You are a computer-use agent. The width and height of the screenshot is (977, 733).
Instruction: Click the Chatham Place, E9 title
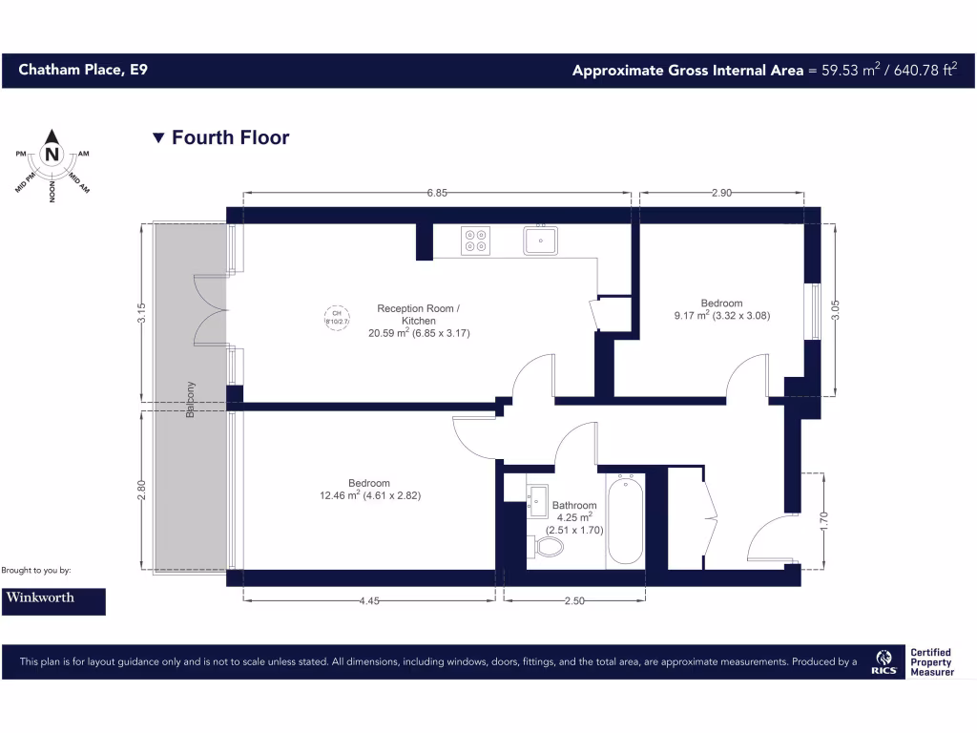pos(82,70)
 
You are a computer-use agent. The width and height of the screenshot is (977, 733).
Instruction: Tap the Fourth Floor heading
pos(230,137)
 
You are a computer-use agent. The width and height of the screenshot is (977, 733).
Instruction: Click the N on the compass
pos(52,154)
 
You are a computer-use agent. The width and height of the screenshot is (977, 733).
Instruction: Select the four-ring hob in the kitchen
pos(475,241)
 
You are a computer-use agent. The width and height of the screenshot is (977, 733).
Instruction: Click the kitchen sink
pos(540,240)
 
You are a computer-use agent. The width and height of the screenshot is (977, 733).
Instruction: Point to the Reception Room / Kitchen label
pos(418,314)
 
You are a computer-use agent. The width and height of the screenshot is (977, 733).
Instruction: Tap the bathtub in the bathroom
pos(625,520)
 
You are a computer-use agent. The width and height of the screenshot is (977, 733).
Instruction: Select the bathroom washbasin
pos(536,499)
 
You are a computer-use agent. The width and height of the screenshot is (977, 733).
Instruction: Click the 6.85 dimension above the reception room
pos(437,193)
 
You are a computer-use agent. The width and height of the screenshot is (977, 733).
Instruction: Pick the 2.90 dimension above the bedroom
pos(721,193)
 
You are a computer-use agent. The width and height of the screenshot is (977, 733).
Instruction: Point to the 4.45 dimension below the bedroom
pos(370,601)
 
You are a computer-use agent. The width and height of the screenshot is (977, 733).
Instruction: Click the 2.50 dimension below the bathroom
pos(573,601)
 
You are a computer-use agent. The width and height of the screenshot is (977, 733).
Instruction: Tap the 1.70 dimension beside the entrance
pos(823,520)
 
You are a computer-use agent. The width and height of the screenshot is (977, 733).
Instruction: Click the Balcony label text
pos(191,398)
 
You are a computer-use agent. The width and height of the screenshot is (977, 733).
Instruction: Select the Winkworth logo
pos(53,600)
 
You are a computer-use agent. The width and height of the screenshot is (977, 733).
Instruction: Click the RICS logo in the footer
pos(883,660)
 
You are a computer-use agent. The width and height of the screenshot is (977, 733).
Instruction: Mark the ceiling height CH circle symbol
pos(335,317)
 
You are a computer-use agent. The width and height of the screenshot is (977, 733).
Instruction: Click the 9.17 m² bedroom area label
pos(721,315)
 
